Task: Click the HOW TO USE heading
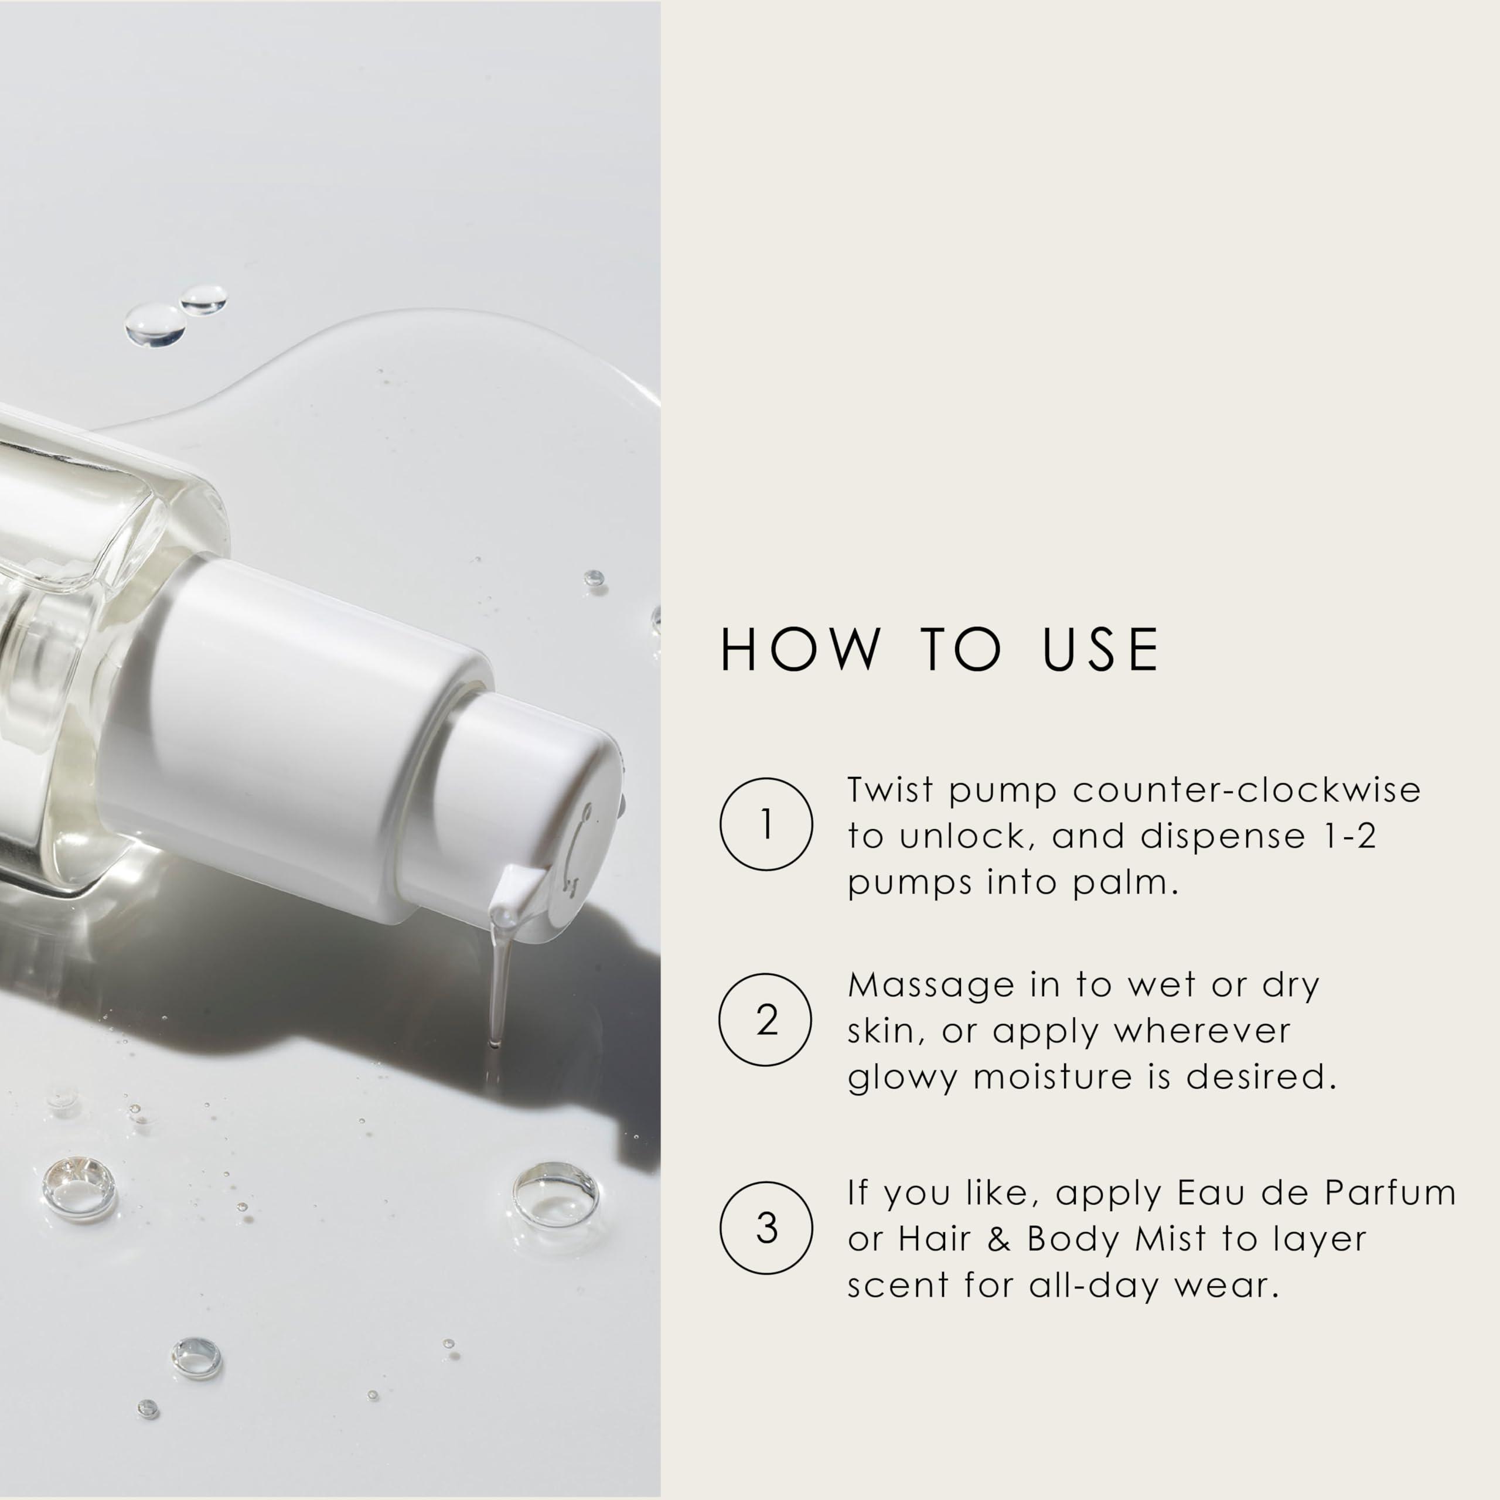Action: point(940,649)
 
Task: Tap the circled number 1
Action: point(766,824)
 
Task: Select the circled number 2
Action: point(766,1020)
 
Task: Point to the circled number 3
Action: point(766,1228)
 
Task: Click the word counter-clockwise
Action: point(1247,790)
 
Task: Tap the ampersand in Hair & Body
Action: point(999,1240)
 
